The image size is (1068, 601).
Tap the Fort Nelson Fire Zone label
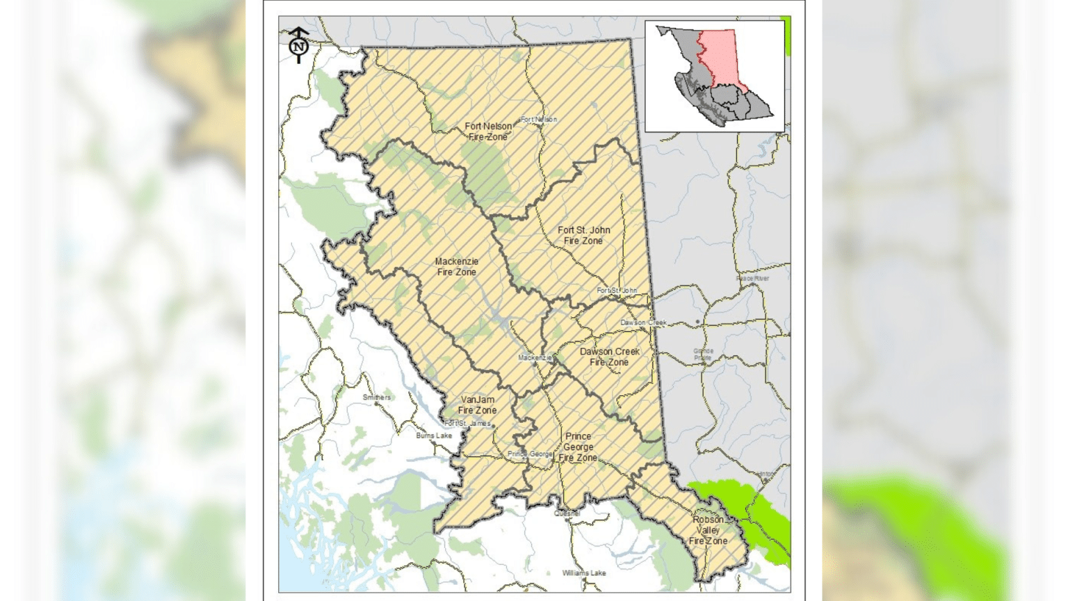[x=488, y=131]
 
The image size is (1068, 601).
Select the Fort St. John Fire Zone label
[x=583, y=235]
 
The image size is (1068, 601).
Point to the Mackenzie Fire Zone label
[x=457, y=266]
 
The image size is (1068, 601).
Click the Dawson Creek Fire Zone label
[x=609, y=357]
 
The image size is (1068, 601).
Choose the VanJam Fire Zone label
[x=478, y=405]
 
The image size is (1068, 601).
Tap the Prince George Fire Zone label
[x=578, y=447]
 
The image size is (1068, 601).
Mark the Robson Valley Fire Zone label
[x=708, y=530]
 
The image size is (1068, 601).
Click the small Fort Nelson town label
[x=539, y=120]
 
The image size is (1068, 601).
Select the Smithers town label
[x=377, y=397]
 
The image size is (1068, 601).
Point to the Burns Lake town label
[x=434, y=436]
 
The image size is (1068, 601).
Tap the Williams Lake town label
[x=584, y=573]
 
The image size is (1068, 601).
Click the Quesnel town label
[x=567, y=513]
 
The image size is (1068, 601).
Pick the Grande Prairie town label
[x=703, y=354]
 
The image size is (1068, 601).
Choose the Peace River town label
[x=752, y=278]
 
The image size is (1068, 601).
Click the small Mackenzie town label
[x=535, y=358]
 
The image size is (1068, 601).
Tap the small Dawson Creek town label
[x=643, y=323]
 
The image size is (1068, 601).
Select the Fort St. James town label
[x=467, y=423]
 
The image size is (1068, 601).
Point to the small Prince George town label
[x=531, y=454]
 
